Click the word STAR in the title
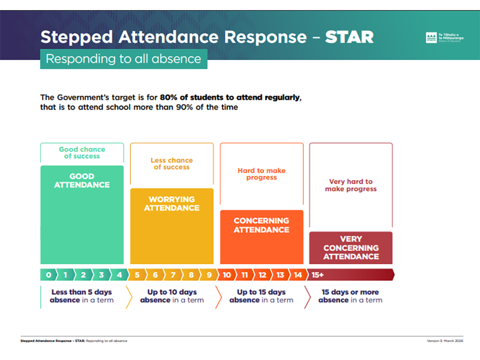coord(349,37)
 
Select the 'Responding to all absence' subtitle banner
coord(123,59)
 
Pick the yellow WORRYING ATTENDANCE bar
coord(172,226)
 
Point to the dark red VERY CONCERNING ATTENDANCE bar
coord(351,248)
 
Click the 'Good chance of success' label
coord(82,153)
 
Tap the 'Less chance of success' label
coord(172,164)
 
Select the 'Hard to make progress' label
coord(262,174)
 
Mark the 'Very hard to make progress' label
coord(351,185)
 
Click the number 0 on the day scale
coord(48,275)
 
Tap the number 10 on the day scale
coord(227,275)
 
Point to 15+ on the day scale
coord(318,275)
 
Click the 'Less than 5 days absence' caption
coord(82,296)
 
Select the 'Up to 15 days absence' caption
coord(261,296)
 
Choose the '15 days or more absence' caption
coord(350,296)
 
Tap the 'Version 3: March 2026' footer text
coord(445,341)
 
